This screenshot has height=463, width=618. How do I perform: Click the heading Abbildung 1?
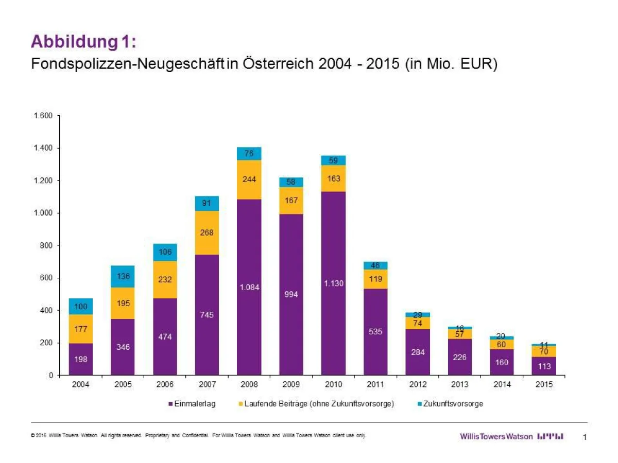[83, 42]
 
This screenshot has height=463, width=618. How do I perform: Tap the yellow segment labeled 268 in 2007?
[207, 233]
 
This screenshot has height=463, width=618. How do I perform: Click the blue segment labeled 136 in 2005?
[123, 276]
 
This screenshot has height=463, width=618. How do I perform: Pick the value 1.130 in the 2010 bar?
[334, 283]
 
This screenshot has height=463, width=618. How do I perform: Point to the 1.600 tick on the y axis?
[43, 116]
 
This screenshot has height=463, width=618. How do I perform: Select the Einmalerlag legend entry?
[192, 404]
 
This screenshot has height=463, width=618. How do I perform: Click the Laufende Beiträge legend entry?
[315, 404]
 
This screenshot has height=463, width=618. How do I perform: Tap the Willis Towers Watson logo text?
[496, 436]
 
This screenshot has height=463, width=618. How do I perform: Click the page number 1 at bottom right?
[585, 437]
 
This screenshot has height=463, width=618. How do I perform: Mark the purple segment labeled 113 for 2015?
[544, 366]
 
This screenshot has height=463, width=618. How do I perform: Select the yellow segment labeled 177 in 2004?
[81, 329]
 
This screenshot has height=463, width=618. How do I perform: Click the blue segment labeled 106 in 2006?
[165, 252]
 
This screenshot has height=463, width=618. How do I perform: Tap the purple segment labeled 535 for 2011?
[375, 332]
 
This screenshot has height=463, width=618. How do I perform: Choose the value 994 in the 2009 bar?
[291, 294]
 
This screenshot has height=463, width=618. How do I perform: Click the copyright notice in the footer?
[198, 436]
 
